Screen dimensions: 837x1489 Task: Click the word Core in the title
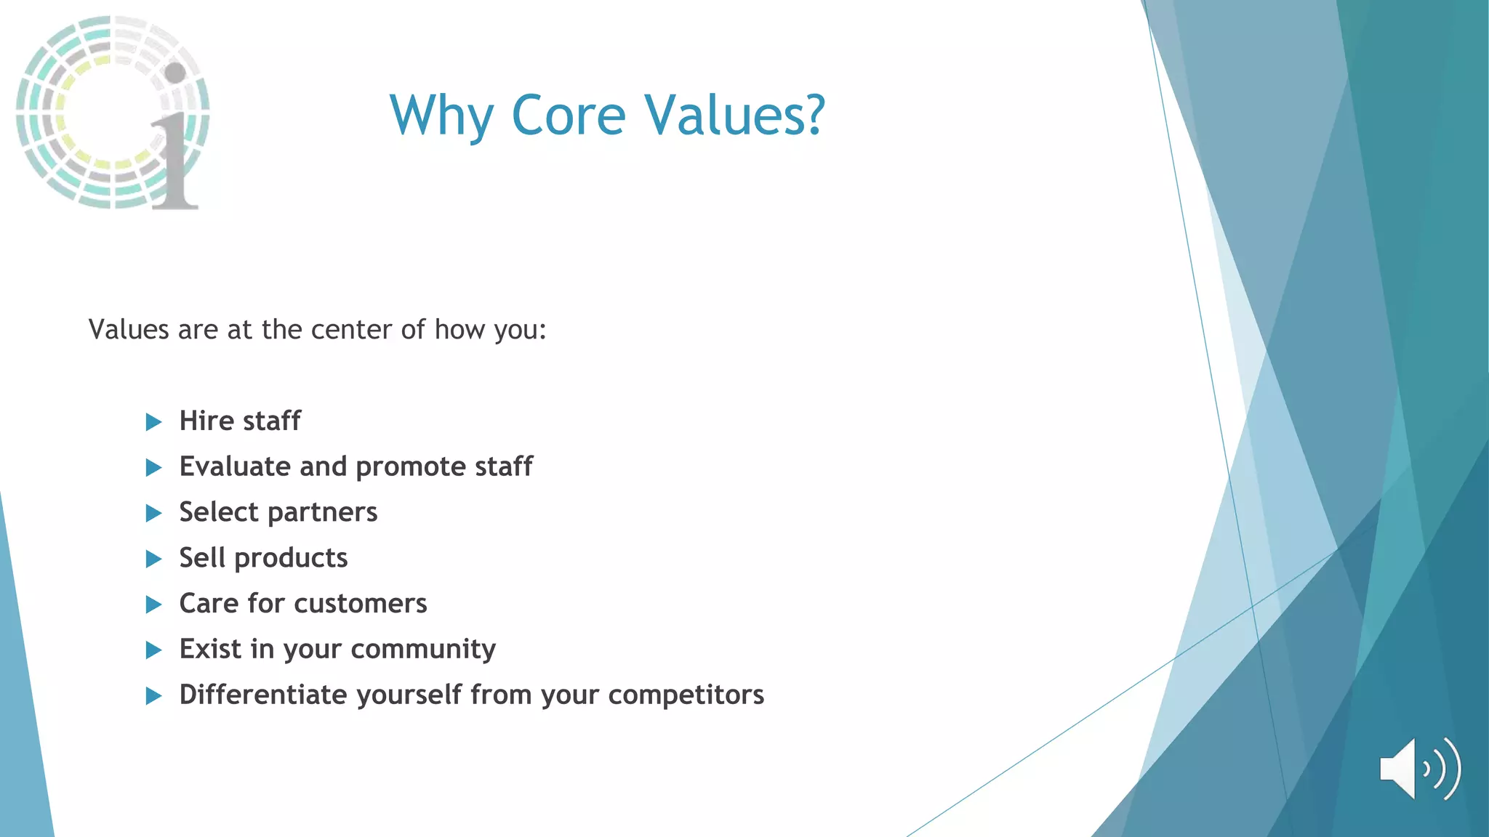(x=568, y=116)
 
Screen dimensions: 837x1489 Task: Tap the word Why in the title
(x=441, y=116)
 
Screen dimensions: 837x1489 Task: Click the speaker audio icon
(x=1418, y=769)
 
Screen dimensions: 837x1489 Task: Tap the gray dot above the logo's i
(x=175, y=72)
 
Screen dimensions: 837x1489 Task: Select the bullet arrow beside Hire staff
(x=153, y=422)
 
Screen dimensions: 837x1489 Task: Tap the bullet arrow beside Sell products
(x=153, y=559)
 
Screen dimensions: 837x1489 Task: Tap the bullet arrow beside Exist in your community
(x=153, y=650)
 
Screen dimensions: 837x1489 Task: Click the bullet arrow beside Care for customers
(x=153, y=604)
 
